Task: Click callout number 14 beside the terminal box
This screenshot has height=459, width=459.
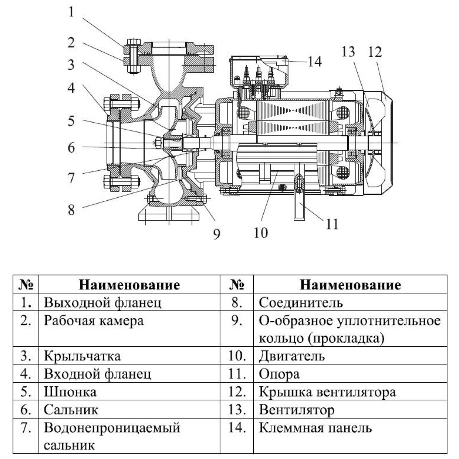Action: coord(315,62)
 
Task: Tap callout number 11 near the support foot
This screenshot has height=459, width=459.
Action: coord(332,224)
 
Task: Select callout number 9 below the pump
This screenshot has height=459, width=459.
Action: coord(216,233)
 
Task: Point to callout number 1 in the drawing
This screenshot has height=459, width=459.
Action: coord(71,12)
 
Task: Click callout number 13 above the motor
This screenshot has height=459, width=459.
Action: coord(348,51)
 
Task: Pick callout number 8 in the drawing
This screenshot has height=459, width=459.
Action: coord(71,209)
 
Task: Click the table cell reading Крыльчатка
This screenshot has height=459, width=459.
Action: coord(82,356)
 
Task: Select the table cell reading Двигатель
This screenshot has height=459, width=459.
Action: coord(292,356)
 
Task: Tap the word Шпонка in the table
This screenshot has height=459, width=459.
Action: coord(70,392)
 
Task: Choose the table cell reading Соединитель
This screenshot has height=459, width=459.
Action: coord(300,303)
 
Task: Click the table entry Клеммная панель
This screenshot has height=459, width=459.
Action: coord(315,428)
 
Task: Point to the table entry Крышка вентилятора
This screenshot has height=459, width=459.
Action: coord(327,392)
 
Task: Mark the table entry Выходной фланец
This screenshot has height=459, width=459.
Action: coord(103,303)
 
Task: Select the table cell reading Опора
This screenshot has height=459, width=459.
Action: coord(279,374)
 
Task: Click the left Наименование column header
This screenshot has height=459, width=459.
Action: coord(129,285)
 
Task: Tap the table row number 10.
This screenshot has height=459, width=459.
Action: coord(237,356)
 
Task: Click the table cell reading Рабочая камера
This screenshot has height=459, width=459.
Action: coord(93,321)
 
